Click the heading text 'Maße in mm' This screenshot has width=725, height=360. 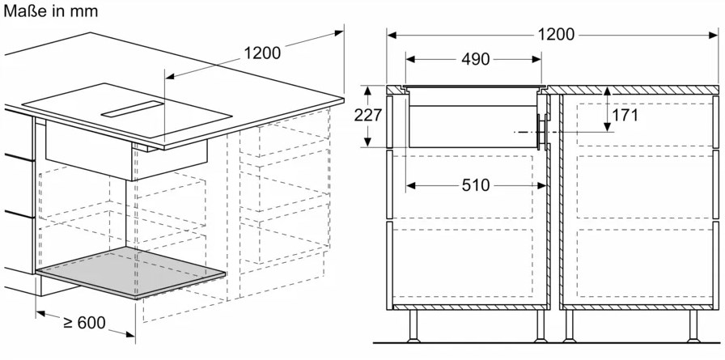click(50, 11)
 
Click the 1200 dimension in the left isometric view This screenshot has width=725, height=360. click(262, 53)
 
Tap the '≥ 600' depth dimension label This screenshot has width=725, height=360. click(85, 322)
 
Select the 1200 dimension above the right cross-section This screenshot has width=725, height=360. click(556, 34)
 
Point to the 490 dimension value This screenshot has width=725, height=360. click(475, 59)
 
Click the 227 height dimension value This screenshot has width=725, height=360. click(368, 115)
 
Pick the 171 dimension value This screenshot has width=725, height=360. click(625, 115)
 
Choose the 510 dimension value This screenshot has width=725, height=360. click(476, 185)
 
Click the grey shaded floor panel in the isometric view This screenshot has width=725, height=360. click(131, 272)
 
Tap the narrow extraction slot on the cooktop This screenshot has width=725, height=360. click(133, 108)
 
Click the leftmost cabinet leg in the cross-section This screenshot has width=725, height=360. click(413, 326)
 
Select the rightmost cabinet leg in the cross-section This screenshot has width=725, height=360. click(693, 326)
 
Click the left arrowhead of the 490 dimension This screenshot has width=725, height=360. click(410, 59)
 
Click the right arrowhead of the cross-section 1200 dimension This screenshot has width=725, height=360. click(714, 35)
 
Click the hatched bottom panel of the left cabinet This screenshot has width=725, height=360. click(469, 307)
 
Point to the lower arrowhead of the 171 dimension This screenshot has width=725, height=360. click(606, 127)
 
